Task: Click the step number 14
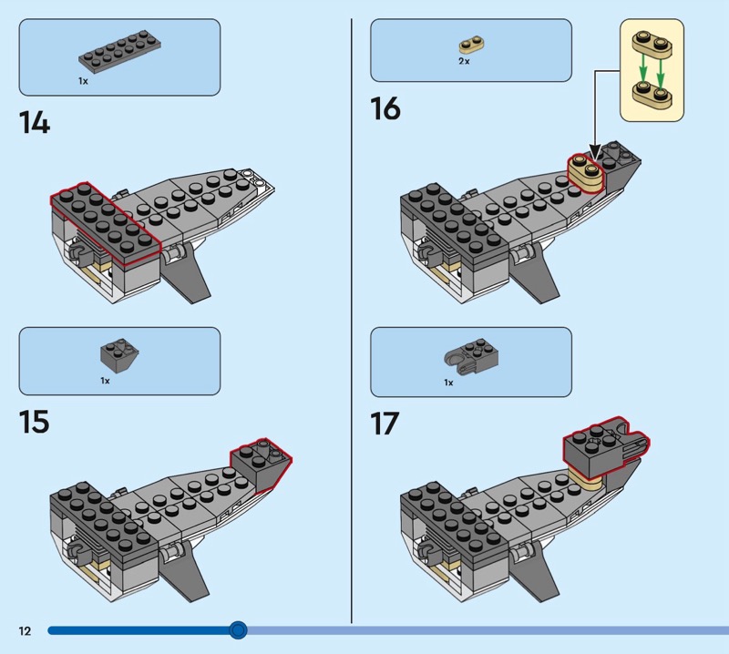[35, 121]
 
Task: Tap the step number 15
[34, 423]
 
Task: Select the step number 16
[385, 108]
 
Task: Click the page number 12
[24, 630]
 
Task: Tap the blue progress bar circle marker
[238, 629]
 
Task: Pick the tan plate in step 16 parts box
[469, 45]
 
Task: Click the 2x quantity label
[464, 61]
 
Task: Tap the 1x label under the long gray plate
[83, 81]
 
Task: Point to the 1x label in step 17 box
[448, 383]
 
